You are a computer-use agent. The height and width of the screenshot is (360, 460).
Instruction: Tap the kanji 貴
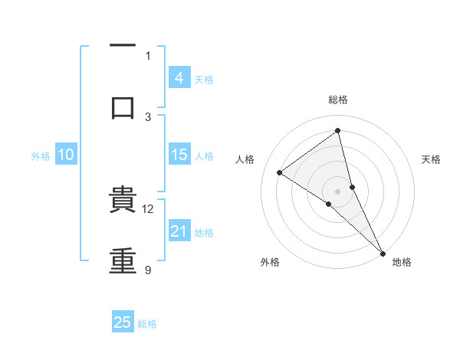coord(123,201)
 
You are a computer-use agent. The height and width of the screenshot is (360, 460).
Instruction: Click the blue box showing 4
coord(179,78)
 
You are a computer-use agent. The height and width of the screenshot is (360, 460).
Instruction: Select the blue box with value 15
coord(179,155)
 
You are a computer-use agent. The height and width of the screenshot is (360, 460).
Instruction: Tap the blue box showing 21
coord(179,231)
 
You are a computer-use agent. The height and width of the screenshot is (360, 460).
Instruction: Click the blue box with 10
coord(66,155)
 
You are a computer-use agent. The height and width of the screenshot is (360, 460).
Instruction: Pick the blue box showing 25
coord(123,322)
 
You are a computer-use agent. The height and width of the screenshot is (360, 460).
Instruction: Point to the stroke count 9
coord(148,270)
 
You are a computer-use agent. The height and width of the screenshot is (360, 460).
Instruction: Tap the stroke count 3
coord(148,116)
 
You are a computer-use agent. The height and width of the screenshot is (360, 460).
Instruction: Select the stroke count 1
coord(148,55)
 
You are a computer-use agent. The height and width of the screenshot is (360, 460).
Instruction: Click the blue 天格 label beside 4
coord(204,80)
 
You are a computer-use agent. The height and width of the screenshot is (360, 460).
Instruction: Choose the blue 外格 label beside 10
coord(41,156)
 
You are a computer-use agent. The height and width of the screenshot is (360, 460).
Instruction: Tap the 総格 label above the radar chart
coord(338,100)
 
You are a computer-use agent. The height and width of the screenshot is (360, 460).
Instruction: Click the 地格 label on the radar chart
coord(402,262)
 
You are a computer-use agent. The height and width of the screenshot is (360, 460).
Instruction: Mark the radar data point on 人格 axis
coord(280,172)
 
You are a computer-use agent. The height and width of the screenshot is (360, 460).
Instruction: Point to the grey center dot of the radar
coord(338,191)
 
